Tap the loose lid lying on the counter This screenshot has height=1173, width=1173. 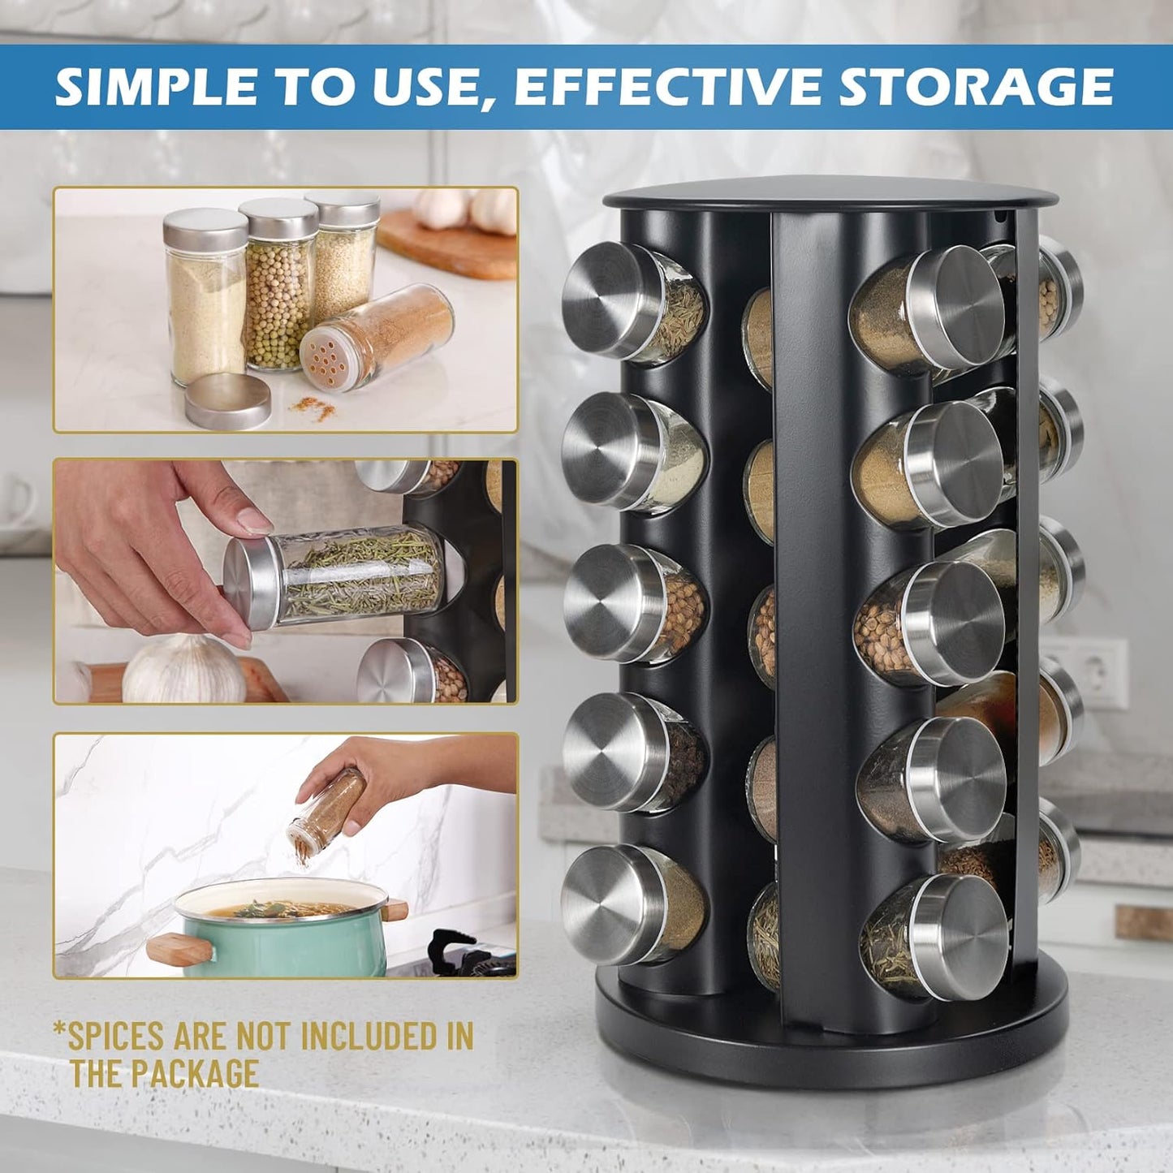[x=227, y=401]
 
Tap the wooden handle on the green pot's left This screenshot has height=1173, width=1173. [x=180, y=948]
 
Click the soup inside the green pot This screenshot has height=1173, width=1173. [x=280, y=909]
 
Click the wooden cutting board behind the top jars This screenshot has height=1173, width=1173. [x=451, y=244]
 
